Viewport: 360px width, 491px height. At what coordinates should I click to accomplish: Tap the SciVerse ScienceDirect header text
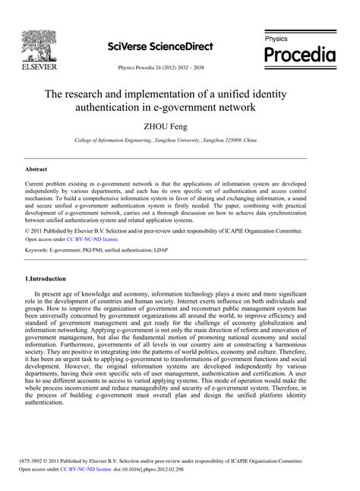[x=159, y=45]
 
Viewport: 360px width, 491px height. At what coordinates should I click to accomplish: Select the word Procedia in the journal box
[x=298, y=54]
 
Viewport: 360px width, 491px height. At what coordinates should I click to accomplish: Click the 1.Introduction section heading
[x=51, y=258]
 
